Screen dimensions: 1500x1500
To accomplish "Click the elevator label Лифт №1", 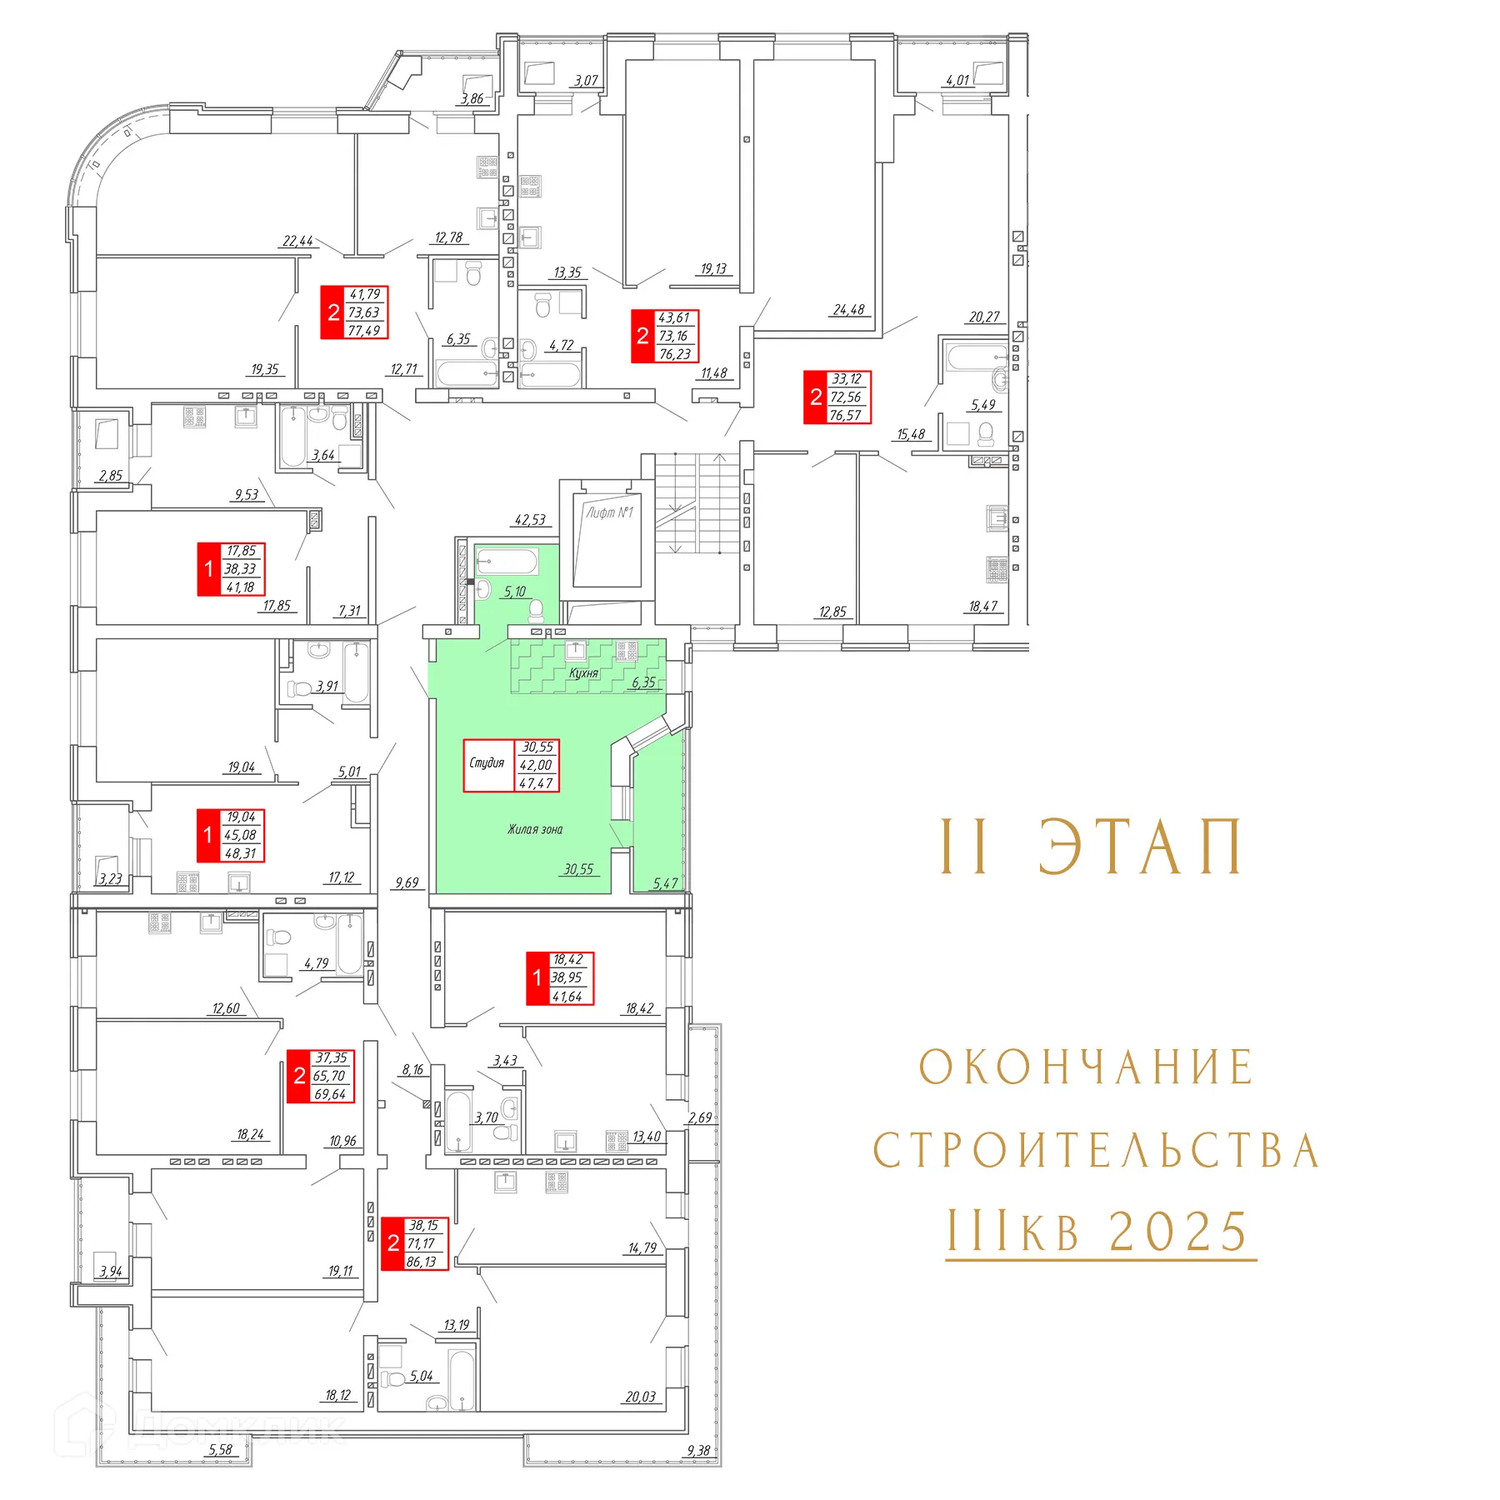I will [609, 512].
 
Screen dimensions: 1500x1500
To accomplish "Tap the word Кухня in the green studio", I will [583, 672].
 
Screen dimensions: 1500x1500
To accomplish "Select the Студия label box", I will [487, 763].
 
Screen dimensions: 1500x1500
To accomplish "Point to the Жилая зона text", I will [535, 829].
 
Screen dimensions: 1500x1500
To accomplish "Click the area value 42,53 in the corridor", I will [530, 520].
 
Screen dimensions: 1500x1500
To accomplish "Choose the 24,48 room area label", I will [848, 310].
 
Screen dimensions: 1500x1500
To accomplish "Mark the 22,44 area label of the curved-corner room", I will [297, 242].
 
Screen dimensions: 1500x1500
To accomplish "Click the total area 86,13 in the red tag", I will [422, 1262].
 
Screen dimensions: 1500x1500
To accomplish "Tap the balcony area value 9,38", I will [697, 1451].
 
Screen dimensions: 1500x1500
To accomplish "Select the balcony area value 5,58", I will [220, 1450].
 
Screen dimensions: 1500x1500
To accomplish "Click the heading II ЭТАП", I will [1092, 847].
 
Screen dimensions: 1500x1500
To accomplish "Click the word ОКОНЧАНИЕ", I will [1086, 1067].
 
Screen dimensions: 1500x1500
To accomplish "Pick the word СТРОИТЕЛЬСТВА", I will [1095, 1151].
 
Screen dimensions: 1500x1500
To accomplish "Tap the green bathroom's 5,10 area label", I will [515, 592].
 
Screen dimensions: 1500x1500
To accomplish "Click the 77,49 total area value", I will [364, 331].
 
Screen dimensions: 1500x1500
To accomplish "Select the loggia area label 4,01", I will [957, 81].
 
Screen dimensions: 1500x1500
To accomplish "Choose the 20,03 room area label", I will [641, 1397].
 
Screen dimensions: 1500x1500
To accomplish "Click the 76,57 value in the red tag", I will [845, 415].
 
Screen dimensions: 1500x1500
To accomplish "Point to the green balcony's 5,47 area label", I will [665, 883].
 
